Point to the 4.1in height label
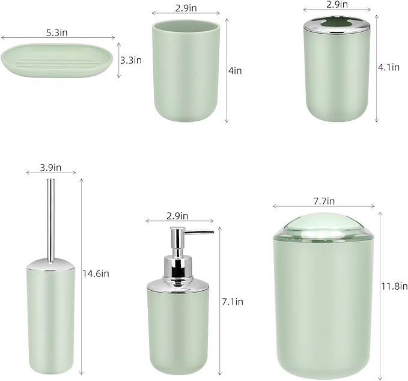pyautogui.click(x=388, y=67)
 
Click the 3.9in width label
pyautogui.click(x=51, y=167)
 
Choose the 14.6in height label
pyautogui.click(x=96, y=273)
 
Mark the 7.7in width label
pyautogui.click(x=323, y=201)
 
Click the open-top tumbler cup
pyautogui.click(x=187, y=69)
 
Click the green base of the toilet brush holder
pyautogui.click(x=50, y=319)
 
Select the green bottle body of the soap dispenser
pyautogui.click(x=178, y=331)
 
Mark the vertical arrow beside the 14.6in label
pyautogui.click(x=81, y=274)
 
